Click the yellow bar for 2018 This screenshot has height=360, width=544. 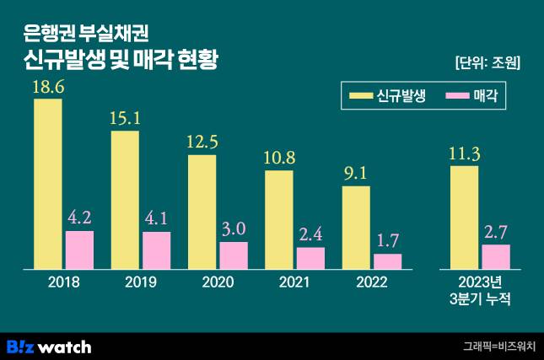(48, 184)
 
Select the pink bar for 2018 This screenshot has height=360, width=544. (80, 250)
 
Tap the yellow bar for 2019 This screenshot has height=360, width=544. (125, 200)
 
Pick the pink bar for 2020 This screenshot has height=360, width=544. (234, 255)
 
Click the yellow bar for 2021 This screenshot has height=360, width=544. (279, 220)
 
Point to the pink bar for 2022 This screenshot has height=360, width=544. (388, 261)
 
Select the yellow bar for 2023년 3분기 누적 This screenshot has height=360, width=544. (465, 218)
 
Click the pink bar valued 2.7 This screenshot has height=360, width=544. (496, 256)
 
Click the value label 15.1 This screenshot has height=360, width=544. (125, 119)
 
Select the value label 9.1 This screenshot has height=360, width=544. (356, 175)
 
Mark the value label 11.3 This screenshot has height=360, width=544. (465, 154)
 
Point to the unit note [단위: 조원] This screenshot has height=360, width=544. (487, 62)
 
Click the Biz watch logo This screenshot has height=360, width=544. (48, 346)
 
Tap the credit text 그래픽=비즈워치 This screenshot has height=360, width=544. (499, 347)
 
